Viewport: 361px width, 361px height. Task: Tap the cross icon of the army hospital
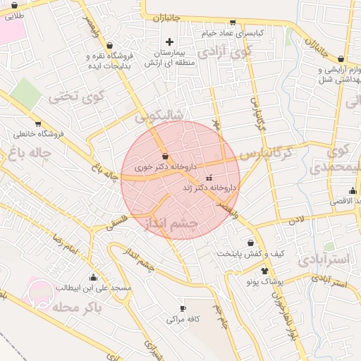169,42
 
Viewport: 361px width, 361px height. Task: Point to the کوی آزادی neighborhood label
224,51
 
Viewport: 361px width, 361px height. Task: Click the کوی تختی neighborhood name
76,97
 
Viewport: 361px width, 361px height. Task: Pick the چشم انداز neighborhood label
172,224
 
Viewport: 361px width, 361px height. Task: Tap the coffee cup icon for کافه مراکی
183,308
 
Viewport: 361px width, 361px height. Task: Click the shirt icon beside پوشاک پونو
264,270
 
